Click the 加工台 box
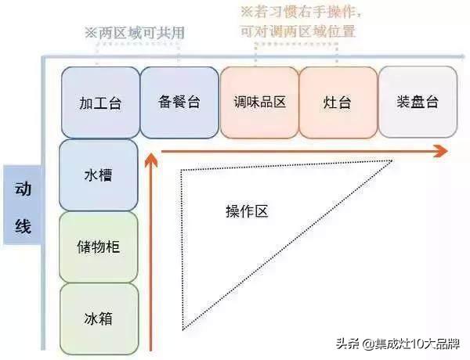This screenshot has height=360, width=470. (100, 103)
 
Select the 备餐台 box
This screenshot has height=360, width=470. (179, 103)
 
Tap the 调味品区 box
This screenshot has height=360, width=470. (259, 103)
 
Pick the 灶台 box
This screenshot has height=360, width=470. (338, 103)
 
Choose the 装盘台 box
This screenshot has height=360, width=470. (418, 102)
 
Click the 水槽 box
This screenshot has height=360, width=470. (99, 175)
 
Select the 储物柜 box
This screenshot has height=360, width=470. (99, 247)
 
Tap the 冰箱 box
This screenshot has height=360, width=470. (99, 319)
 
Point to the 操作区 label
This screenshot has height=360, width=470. (247, 211)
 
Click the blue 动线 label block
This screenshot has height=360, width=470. (23, 205)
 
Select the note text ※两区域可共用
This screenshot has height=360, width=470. (135, 33)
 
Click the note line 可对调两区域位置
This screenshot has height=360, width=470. (298, 31)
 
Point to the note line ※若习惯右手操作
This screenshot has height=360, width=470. (301, 13)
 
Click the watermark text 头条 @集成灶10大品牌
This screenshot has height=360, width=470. (398, 344)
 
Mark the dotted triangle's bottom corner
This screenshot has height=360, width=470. (183, 330)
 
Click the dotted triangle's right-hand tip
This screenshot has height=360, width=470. (392, 161)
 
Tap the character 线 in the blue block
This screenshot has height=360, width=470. (23, 225)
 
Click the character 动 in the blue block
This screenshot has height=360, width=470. (23, 189)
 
